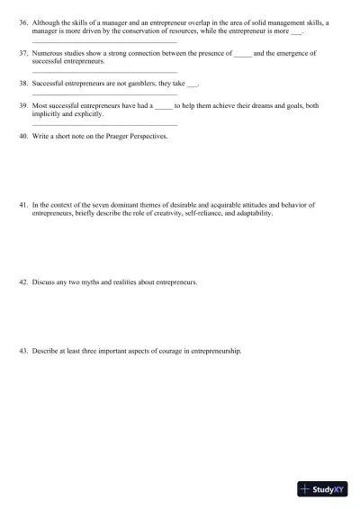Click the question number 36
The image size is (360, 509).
(23, 22)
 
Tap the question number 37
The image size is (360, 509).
(23, 53)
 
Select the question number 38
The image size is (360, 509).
(23, 83)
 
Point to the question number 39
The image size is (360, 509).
(23, 105)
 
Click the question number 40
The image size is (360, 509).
(23, 136)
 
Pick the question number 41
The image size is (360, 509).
(23, 205)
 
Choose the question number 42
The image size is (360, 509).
(23, 281)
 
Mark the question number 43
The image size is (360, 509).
(23, 351)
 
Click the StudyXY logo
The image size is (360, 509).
(324, 490)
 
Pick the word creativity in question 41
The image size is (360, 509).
(166, 213)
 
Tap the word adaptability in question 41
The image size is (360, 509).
(251, 213)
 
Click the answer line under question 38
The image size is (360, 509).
(103, 94)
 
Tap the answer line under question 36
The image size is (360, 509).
(103, 41)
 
